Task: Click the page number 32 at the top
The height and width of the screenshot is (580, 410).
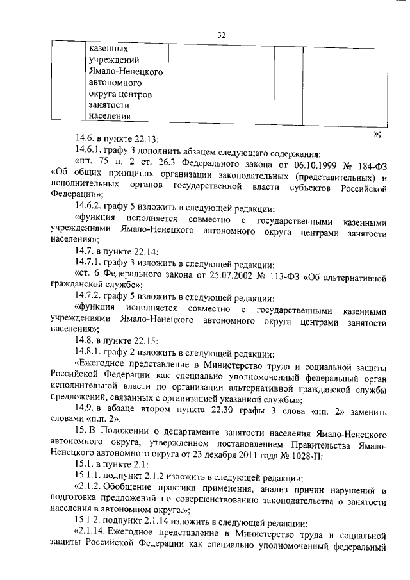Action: point(222,35)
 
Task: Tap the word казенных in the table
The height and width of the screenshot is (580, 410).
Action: point(108,48)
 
